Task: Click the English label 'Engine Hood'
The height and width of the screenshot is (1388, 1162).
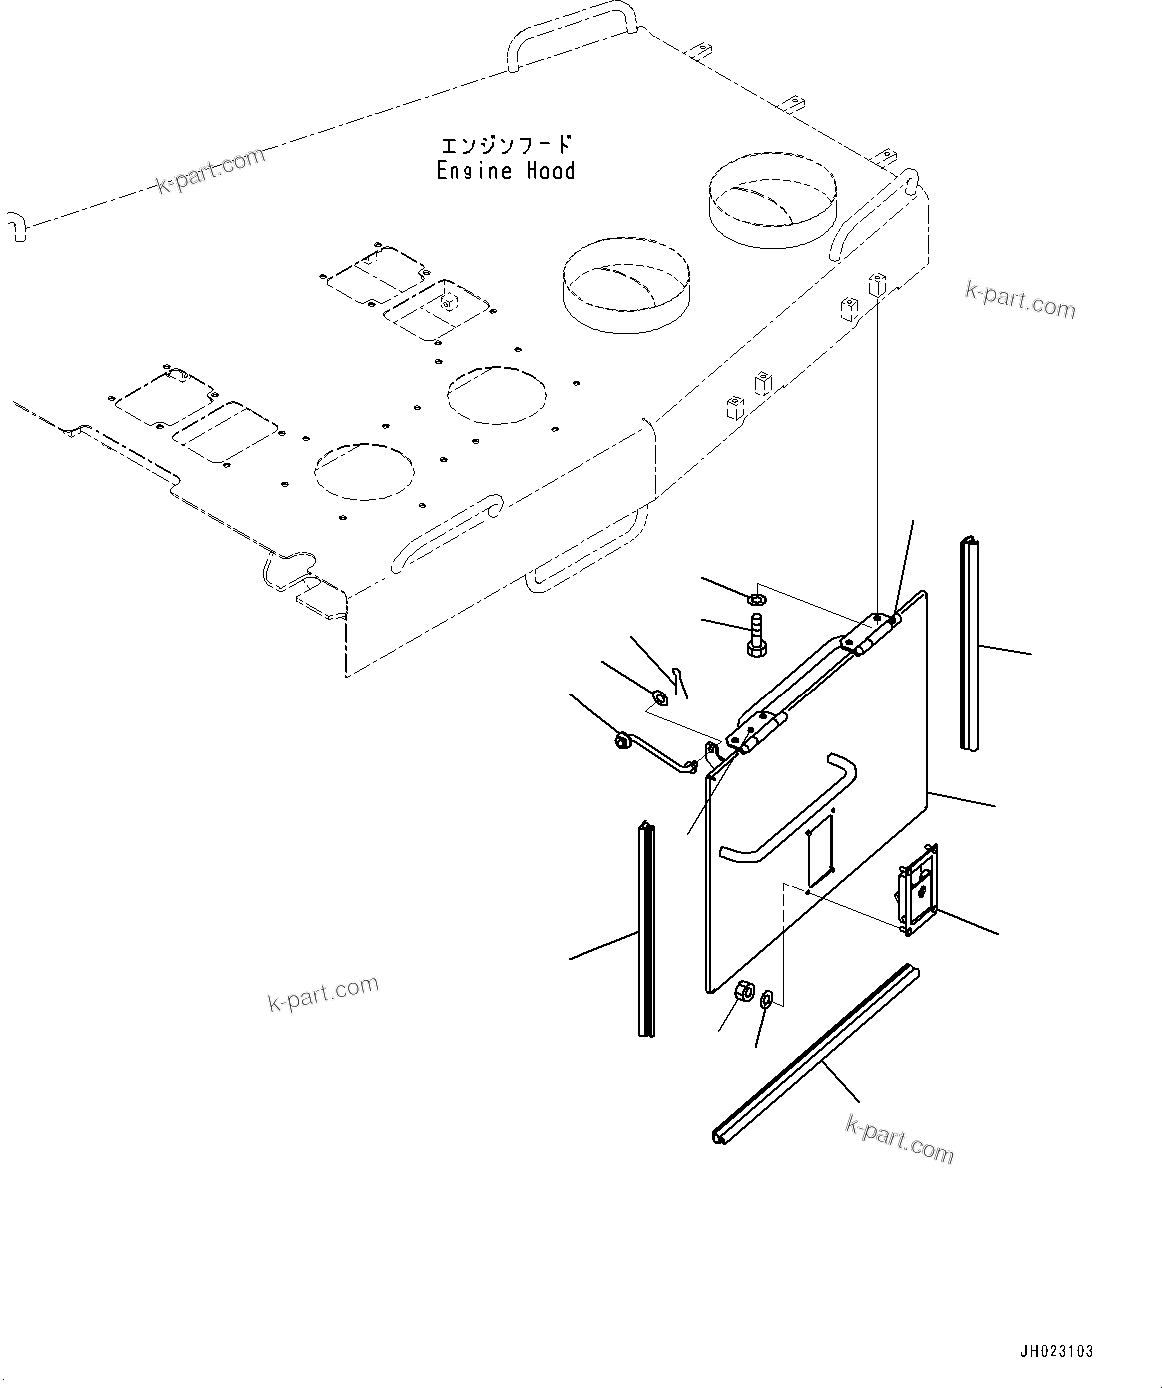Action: pyautogui.click(x=506, y=171)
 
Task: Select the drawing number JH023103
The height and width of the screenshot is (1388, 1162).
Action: pyautogui.click(x=1057, y=1351)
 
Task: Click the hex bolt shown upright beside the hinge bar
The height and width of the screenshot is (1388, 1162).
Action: pyautogui.click(x=755, y=637)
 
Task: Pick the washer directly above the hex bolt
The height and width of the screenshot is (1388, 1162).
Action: pyautogui.click(x=757, y=599)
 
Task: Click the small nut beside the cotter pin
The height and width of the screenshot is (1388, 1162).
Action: pyautogui.click(x=658, y=695)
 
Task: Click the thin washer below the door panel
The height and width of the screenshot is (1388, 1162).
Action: pyautogui.click(x=767, y=998)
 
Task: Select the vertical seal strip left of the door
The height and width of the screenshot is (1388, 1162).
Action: pyautogui.click(x=646, y=929)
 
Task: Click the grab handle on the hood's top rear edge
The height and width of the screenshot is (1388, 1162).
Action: pyautogui.click(x=570, y=33)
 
